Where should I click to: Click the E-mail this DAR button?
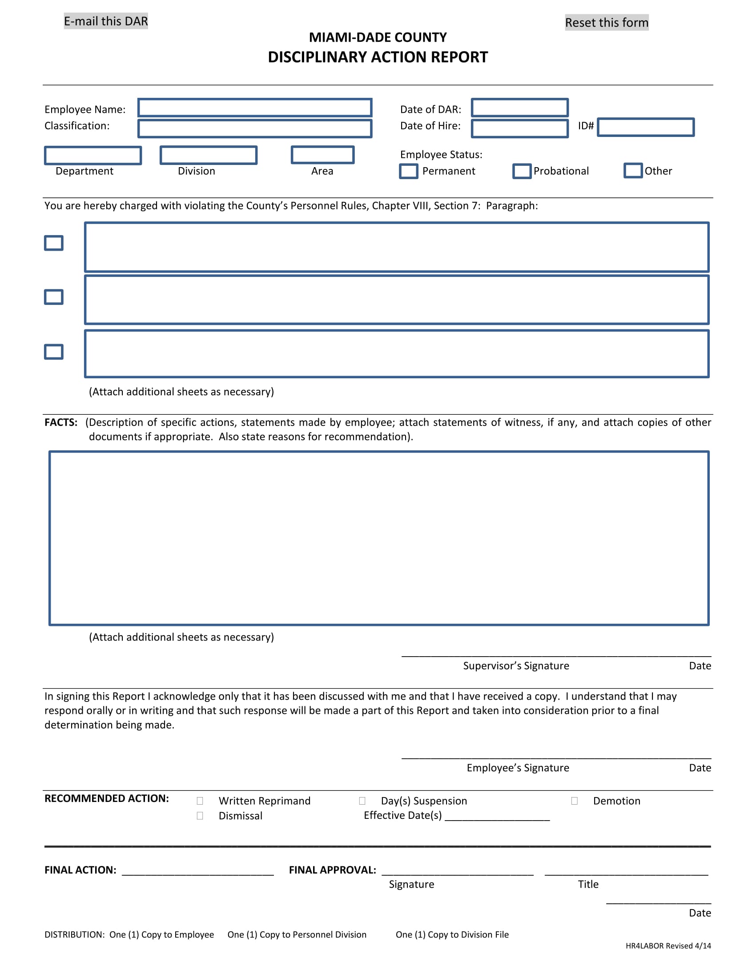tap(106, 21)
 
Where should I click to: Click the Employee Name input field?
tap(254, 108)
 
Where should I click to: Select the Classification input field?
tap(254, 128)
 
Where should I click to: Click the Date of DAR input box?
tap(519, 108)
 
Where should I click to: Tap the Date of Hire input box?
tap(519, 128)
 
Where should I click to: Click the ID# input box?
tap(645, 127)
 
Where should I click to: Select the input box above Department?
tap(92, 156)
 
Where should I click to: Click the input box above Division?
tap(208, 155)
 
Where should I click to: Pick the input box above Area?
tap(322, 155)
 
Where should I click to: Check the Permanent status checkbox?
tap(408, 171)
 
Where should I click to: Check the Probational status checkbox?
tap(522, 171)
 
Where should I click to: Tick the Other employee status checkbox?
tap(633, 171)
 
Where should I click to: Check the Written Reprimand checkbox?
tap(200, 801)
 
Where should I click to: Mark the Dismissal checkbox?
tap(200, 815)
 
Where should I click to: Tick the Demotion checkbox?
tap(574, 801)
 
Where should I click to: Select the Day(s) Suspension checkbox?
tap(362, 801)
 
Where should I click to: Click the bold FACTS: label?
tap(61, 422)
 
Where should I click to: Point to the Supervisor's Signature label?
tap(516, 666)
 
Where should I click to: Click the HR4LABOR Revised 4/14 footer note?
tap(668, 946)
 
